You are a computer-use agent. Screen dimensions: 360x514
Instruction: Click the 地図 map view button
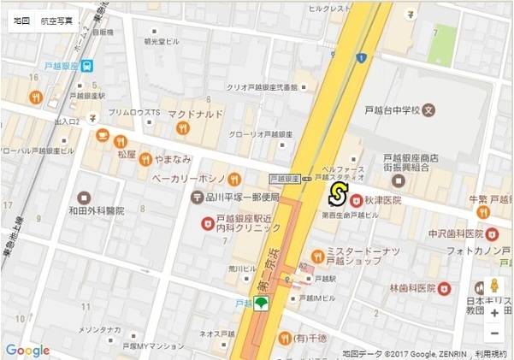(22, 19)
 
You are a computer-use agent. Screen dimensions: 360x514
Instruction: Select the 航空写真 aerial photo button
(57, 19)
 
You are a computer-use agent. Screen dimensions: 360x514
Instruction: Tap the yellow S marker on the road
(338, 194)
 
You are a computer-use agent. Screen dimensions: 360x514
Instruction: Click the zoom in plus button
(494, 313)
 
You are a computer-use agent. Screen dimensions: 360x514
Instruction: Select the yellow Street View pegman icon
(494, 287)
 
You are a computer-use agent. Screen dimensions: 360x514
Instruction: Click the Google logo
(27, 350)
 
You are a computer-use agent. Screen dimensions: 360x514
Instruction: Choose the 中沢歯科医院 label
(457, 233)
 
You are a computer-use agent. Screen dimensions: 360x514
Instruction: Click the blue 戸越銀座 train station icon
(88, 66)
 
